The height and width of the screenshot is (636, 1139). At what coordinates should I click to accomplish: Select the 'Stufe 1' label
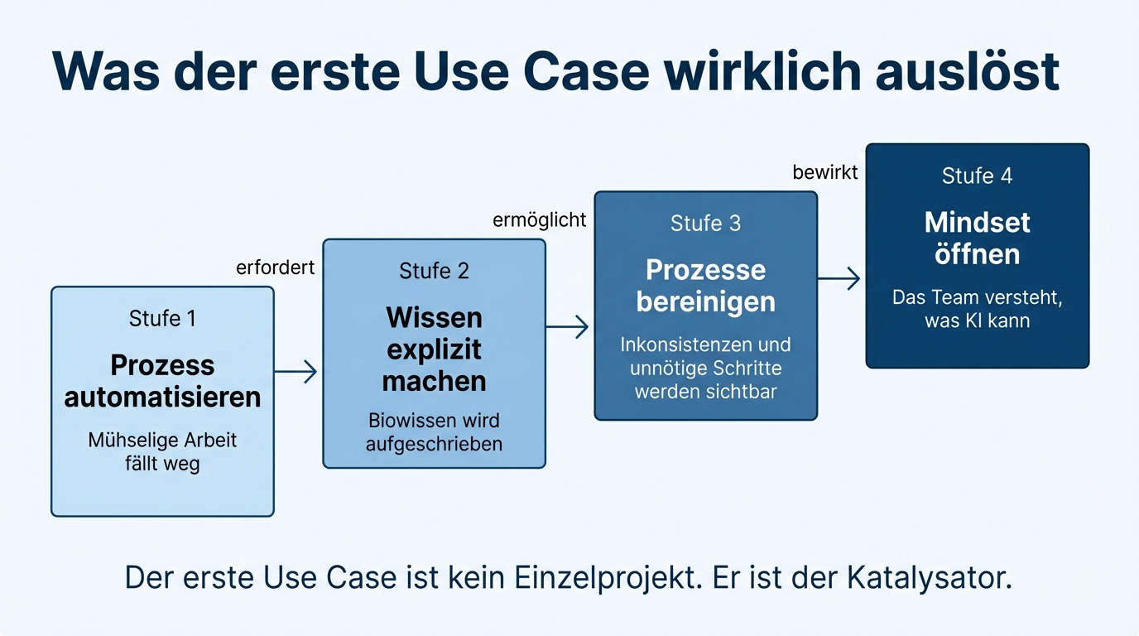(x=162, y=318)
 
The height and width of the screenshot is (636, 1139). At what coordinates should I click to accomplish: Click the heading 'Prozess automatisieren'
(x=162, y=381)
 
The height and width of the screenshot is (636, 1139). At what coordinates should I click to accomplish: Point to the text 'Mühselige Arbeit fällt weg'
(x=162, y=452)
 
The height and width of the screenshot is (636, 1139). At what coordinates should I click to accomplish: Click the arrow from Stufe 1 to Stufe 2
(x=296, y=372)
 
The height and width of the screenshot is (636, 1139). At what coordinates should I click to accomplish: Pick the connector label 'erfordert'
(x=275, y=267)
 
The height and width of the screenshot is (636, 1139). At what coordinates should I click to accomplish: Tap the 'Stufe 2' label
(x=434, y=271)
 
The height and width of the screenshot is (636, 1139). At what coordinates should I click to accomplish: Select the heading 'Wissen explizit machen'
(x=434, y=349)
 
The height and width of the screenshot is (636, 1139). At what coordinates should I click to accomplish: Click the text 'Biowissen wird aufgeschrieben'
(x=434, y=431)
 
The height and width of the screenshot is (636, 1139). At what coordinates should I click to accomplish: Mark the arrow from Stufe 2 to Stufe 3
(x=568, y=326)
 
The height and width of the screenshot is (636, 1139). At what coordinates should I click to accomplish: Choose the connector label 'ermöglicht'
(x=539, y=219)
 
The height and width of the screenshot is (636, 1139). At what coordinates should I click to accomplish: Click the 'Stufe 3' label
(x=705, y=224)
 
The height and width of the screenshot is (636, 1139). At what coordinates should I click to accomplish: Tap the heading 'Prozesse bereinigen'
(x=705, y=286)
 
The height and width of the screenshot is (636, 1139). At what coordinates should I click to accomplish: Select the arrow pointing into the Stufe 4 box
(x=839, y=278)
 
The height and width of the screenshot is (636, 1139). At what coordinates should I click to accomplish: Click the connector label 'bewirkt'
(x=825, y=172)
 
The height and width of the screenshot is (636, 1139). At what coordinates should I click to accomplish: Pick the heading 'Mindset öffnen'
(x=977, y=238)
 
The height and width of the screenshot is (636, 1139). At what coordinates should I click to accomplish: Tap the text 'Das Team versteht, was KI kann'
(x=977, y=309)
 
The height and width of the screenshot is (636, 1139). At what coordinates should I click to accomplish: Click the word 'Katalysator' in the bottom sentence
(x=930, y=577)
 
